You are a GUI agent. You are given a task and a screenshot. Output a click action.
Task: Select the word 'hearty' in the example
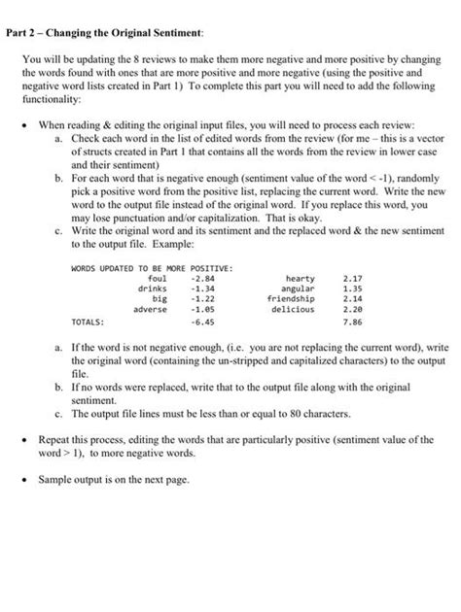point(298,277)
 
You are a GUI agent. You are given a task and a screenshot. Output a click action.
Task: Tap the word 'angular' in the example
point(296,288)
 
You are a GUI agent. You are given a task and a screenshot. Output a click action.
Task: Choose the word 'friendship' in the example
point(290,299)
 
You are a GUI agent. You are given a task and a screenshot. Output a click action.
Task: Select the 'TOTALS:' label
point(90,324)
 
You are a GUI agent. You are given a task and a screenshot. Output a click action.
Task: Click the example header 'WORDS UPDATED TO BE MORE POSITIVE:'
point(150,265)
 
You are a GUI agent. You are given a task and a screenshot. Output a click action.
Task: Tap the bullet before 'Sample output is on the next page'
point(26,480)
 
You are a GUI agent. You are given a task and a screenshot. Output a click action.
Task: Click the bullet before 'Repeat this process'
point(26,440)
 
